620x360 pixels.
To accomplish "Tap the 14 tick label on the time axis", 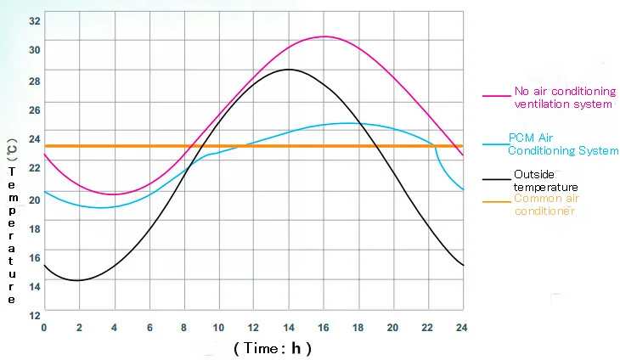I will [288, 328].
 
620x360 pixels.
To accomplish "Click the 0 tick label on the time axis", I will [43, 328].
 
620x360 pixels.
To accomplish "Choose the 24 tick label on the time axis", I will [462, 328].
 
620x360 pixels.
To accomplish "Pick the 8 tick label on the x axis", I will [183, 328].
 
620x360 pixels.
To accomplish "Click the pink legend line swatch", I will [495, 98].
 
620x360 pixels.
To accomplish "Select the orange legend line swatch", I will [495, 201].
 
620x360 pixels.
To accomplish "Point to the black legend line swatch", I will [495, 180].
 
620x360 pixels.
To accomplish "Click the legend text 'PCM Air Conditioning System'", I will [563, 144].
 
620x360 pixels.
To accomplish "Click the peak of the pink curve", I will [324, 37].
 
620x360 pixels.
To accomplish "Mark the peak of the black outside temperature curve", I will [288, 70].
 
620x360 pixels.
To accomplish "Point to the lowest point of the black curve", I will [78, 280].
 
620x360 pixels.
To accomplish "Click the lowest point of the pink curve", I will [114, 194].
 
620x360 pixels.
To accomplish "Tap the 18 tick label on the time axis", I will [358, 328].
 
